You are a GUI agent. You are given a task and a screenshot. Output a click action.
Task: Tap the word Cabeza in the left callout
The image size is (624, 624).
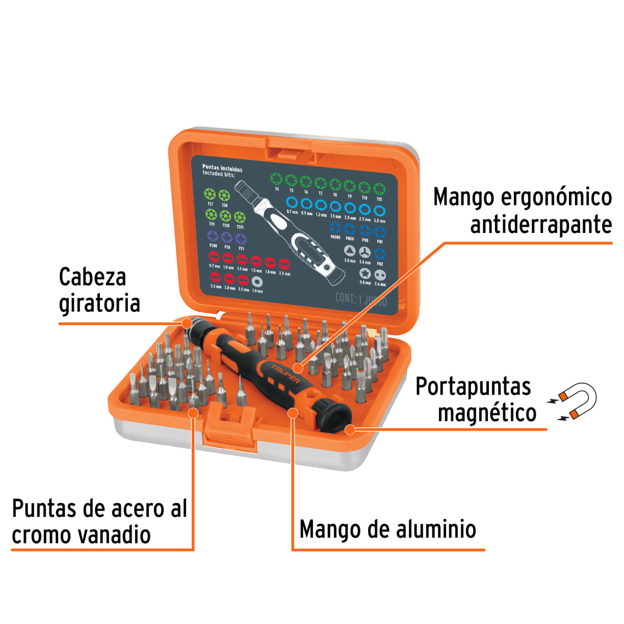(92, 277)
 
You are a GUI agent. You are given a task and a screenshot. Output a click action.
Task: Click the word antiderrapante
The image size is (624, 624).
(541, 225)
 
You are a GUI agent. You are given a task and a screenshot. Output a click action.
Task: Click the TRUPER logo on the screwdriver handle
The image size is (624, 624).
(285, 374)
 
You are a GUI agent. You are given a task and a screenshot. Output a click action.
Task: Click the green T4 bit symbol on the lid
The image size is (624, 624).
(276, 180)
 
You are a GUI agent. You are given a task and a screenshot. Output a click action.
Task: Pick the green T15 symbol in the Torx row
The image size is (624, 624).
(380, 189)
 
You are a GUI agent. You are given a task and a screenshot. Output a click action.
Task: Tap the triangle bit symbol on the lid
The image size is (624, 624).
(350, 251)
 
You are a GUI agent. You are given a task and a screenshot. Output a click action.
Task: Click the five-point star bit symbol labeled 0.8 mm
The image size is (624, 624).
(365, 274)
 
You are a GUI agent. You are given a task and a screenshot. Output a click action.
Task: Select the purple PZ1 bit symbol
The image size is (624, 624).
(240, 239)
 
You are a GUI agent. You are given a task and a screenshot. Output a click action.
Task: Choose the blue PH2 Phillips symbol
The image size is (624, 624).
(380, 254)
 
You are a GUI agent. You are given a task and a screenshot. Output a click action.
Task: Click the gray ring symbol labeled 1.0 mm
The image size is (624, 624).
(257, 282)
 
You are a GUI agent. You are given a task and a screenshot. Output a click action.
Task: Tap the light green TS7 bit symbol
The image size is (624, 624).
(210, 194)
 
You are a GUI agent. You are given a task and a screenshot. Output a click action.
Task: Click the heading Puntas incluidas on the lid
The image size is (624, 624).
(222, 168)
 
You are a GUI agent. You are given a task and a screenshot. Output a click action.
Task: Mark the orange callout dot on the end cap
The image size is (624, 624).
(350, 430)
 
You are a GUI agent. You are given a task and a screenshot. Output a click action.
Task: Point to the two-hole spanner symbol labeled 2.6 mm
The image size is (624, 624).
(380, 275)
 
